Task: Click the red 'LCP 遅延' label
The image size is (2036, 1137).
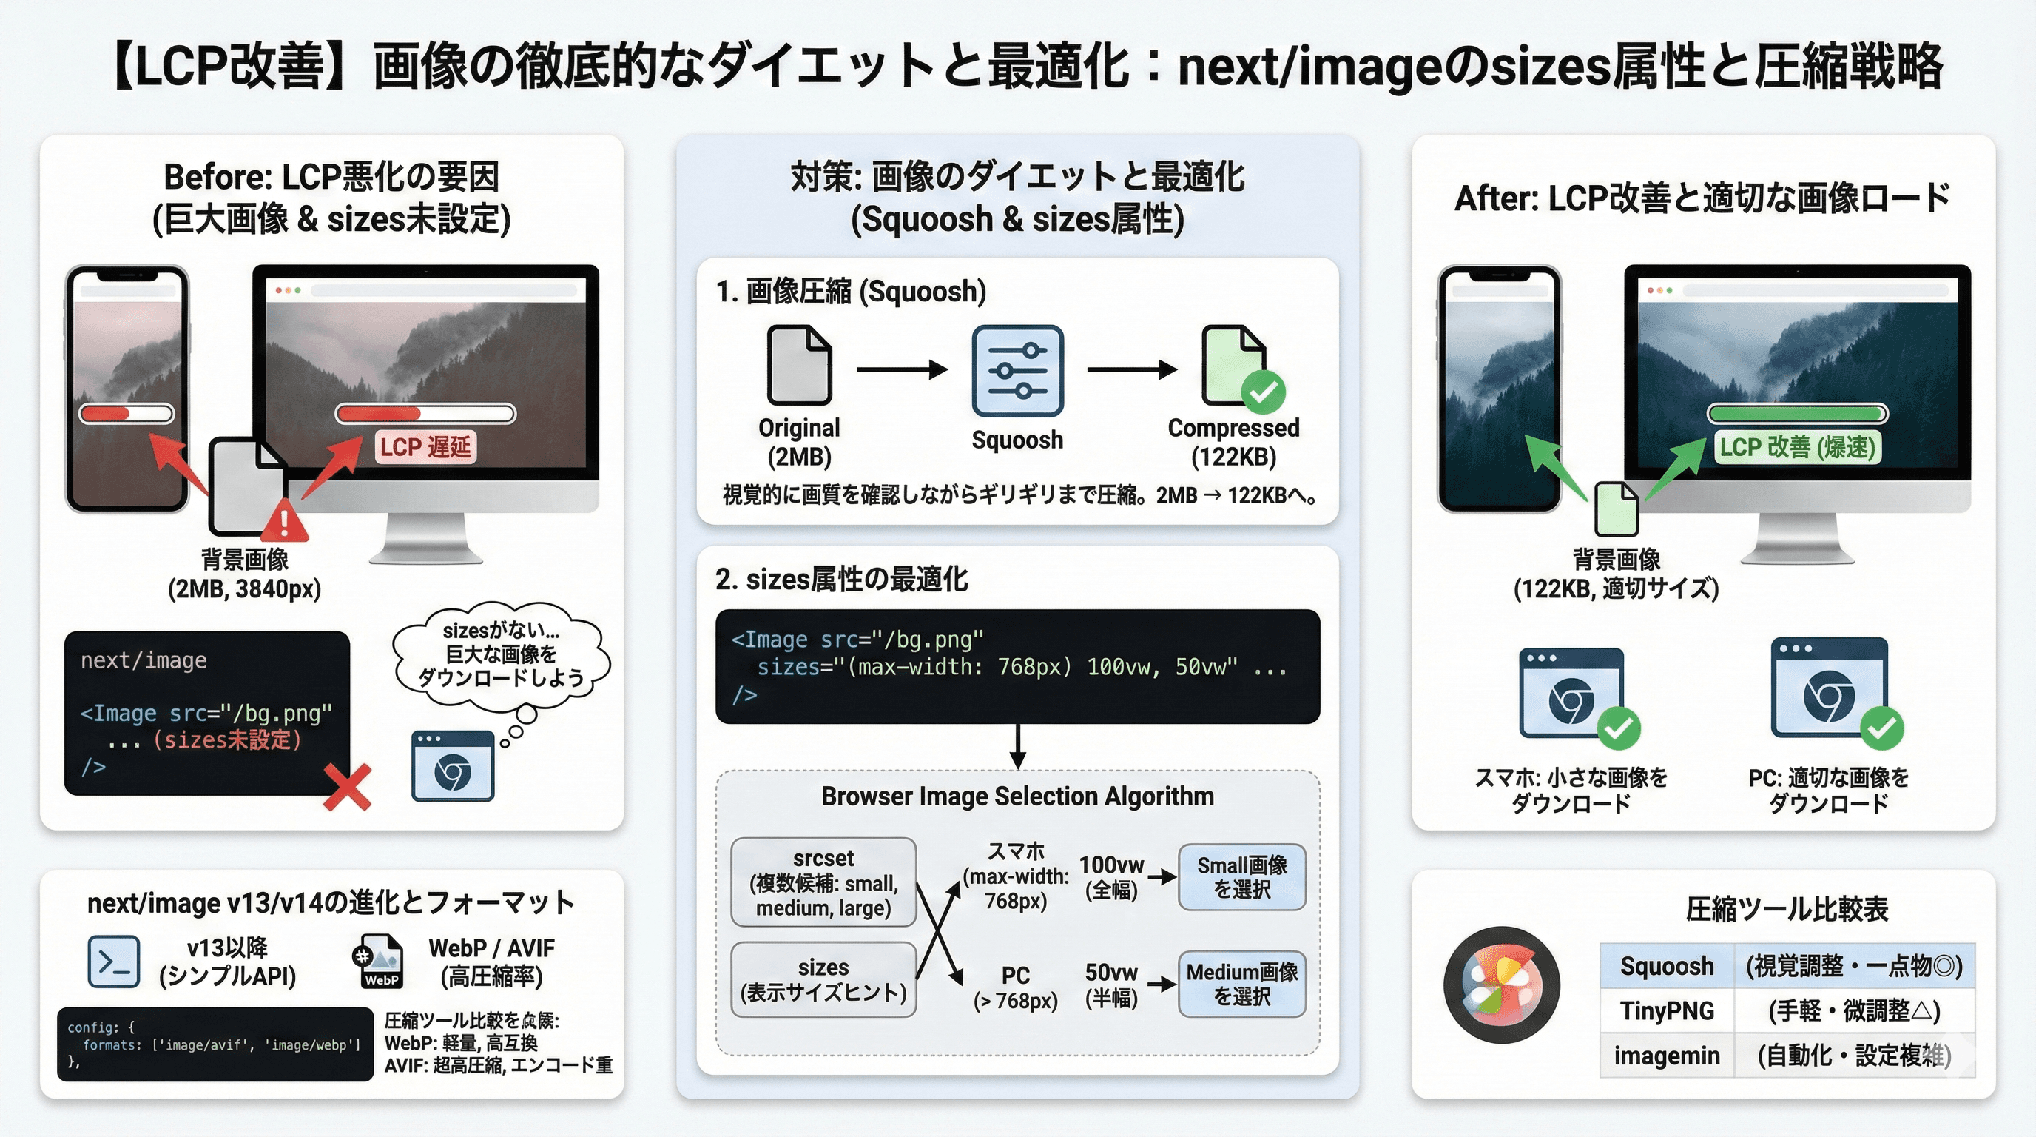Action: click(x=425, y=448)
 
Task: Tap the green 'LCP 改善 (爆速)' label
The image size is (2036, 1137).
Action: click(x=1796, y=448)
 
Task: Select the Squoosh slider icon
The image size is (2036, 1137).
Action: click(x=1017, y=370)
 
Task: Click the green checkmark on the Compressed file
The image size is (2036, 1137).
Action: click(x=1263, y=392)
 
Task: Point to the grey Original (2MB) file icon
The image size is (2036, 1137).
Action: click(x=799, y=366)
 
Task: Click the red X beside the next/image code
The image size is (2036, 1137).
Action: click(x=347, y=787)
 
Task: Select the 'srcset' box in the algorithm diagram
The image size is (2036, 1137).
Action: click(x=823, y=882)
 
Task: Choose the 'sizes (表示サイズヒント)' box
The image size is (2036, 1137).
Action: click(x=823, y=979)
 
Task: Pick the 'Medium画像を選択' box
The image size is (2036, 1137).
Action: click(x=1241, y=984)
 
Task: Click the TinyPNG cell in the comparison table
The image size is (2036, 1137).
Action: click(x=1667, y=1010)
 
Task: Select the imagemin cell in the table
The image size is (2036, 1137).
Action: click(x=1667, y=1056)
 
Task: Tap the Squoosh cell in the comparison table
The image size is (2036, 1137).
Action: click(x=1667, y=966)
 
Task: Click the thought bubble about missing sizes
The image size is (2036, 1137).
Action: click(x=501, y=654)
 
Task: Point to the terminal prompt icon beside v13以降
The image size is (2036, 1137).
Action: click(x=114, y=962)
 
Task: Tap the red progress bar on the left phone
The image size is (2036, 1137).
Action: click(x=127, y=414)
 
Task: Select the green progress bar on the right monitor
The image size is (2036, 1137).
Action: click(x=1796, y=414)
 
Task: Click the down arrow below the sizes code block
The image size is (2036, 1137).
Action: click(x=1018, y=746)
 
